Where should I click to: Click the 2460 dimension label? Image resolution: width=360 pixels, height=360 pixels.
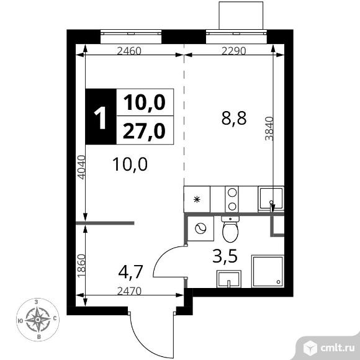pyautogui.click(x=129, y=50)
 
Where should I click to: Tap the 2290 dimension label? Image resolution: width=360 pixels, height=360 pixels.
pyautogui.click(x=233, y=50)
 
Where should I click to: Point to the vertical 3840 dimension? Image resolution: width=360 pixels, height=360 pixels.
pyautogui.click(x=269, y=128)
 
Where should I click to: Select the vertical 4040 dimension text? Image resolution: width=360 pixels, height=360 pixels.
pyautogui.click(x=81, y=168)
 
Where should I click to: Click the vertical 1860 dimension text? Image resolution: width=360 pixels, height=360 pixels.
pyautogui.click(x=81, y=266)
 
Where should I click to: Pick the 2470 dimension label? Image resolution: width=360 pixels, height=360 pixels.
pyautogui.click(x=129, y=291)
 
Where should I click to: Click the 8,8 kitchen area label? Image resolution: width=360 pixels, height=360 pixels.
pyautogui.click(x=234, y=119)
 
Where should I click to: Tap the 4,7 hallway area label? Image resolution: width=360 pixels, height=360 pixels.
pyautogui.click(x=131, y=272)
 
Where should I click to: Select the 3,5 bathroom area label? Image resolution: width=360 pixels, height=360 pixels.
pyautogui.click(x=225, y=256)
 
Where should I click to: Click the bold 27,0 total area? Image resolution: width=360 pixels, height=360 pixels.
pyautogui.click(x=144, y=131)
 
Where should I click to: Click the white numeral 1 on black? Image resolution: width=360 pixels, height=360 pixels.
pyautogui.click(x=101, y=118)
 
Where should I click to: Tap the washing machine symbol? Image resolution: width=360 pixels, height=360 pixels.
pyautogui.click(x=200, y=228)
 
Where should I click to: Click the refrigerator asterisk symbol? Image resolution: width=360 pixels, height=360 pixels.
pyautogui.click(x=197, y=199)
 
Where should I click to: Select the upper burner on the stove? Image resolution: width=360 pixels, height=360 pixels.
pyautogui.click(x=232, y=192)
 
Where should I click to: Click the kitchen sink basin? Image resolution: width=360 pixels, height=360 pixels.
pyautogui.click(x=271, y=199)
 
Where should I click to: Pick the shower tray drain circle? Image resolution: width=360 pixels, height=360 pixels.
pyautogui.click(x=279, y=282)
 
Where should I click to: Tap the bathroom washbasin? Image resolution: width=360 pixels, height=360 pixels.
pyautogui.click(x=229, y=279)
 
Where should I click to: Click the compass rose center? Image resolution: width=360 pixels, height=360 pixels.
pyautogui.click(x=38, y=320)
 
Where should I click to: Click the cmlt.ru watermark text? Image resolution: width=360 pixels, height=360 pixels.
pyautogui.click(x=337, y=348)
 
